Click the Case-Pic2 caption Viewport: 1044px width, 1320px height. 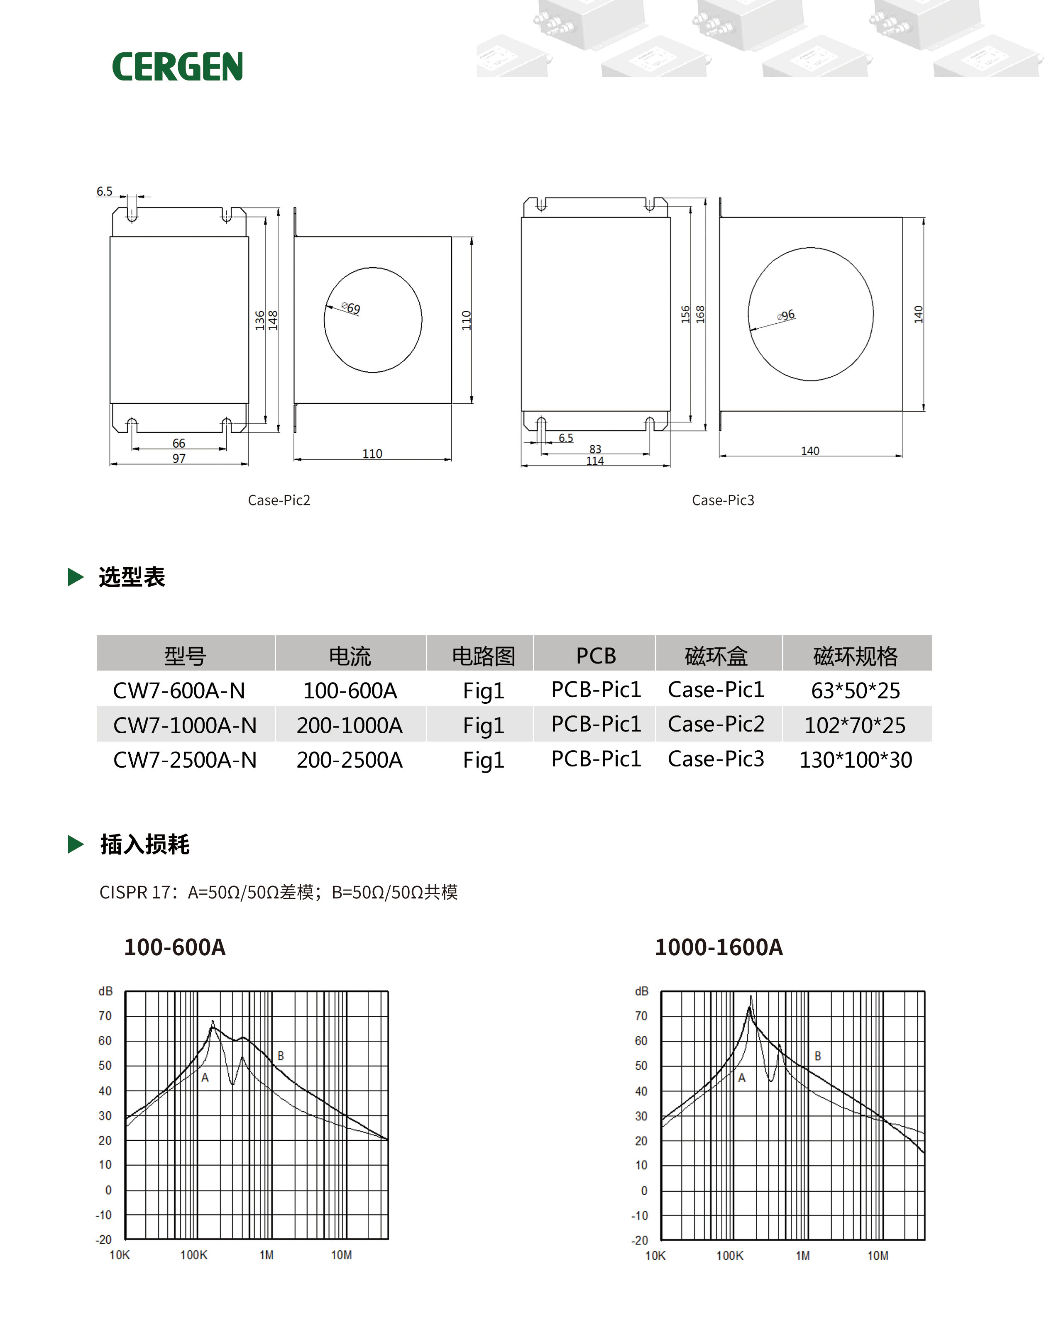[x=279, y=500]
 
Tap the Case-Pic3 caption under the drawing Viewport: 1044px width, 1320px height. [x=722, y=500]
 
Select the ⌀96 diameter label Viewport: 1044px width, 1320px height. [x=787, y=315]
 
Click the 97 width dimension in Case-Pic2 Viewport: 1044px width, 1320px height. [x=178, y=459]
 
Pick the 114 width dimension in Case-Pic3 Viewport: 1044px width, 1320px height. [x=595, y=461]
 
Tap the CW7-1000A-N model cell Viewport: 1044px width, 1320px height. [x=185, y=725]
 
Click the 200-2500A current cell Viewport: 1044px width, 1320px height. [x=350, y=760]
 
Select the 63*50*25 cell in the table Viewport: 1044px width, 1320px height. [x=855, y=690]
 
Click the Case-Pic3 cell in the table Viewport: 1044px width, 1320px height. [x=716, y=759]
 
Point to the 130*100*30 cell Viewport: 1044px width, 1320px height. [x=855, y=760]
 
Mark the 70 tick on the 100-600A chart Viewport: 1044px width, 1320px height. [x=105, y=1016]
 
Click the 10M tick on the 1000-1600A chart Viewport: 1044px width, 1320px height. [x=878, y=1255]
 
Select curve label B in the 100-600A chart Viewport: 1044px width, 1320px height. [x=281, y=1055]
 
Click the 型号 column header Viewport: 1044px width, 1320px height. [x=185, y=656]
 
